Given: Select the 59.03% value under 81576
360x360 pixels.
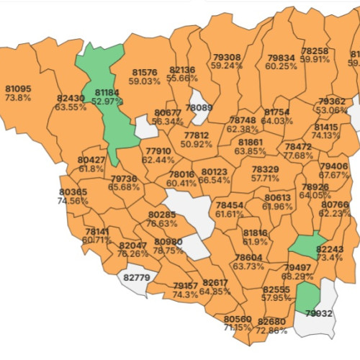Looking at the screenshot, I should pyautogui.click(x=144, y=81).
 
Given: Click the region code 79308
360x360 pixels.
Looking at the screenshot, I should pyautogui.click(x=227, y=57).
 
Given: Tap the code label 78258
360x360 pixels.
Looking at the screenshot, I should pyautogui.click(x=315, y=51).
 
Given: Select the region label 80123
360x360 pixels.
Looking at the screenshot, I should pyautogui.click(x=215, y=171).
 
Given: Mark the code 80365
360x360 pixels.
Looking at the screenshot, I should pyautogui.click(x=73, y=192).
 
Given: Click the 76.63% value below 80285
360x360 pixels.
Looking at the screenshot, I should pyautogui.click(x=162, y=223).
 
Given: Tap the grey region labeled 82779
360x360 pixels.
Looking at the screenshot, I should pyautogui.click(x=137, y=277).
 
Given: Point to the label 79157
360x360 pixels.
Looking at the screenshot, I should pyautogui.click(x=185, y=286).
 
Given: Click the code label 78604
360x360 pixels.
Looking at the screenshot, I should pyautogui.click(x=248, y=257).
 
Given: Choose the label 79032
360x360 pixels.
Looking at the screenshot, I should pyautogui.click(x=318, y=313).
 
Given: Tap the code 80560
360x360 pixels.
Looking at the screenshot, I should pyautogui.click(x=238, y=318).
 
